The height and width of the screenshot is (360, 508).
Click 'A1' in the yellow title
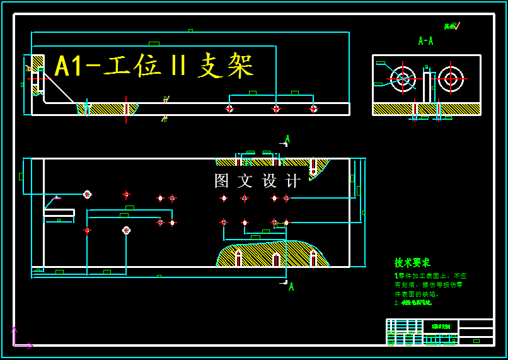click(x=69, y=67)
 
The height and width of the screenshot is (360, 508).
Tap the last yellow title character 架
click(x=241, y=66)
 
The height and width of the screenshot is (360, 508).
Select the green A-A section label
click(x=425, y=41)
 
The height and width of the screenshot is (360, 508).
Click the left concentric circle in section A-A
click(x=403, y=79)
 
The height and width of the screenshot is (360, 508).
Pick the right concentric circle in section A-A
click(x=451, y=79)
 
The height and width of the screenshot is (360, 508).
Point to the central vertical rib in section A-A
click(x=427, y=87)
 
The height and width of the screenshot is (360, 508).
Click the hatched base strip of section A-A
click(x=391, y=109)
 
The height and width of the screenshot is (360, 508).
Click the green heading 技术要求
click(x=412, y=262)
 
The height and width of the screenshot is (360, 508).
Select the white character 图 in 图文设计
click(x=222, y=181)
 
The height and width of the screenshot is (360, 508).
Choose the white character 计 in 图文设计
click(x=293, y=181)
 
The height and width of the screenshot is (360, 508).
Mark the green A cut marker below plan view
click(x=291, y=286)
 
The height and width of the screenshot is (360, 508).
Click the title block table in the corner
click(x=439, y=332)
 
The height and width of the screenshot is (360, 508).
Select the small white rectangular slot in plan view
click(x=59, y=212)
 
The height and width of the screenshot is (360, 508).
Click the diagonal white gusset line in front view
click(x=59, y=88)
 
